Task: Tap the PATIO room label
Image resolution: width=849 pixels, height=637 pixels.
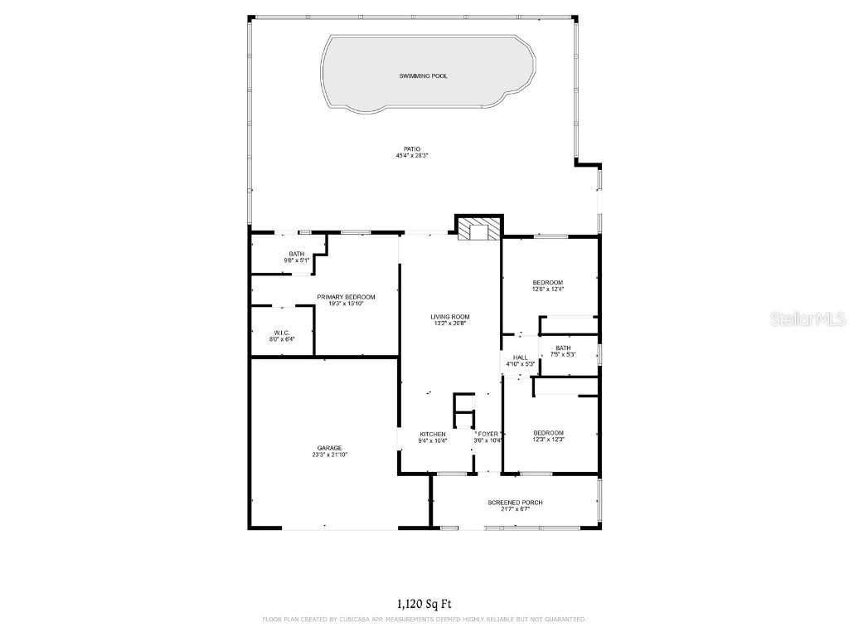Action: pos(400,149)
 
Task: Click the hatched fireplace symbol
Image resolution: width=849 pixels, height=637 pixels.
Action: pos(478,230)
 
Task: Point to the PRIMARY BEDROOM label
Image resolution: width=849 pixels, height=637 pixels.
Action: pos(346,297)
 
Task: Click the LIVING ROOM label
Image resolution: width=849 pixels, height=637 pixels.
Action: pos(450,317)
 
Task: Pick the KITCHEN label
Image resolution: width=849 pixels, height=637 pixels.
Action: pos(433,434)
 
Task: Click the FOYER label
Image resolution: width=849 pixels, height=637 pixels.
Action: pos(488,434)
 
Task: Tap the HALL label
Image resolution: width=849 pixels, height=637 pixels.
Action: pos(520,357)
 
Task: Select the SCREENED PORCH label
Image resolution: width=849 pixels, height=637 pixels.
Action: pos(515,502)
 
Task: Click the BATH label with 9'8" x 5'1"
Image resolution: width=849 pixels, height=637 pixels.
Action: pos(296,254)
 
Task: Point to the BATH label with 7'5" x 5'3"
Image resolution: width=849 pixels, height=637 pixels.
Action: pos(563,348)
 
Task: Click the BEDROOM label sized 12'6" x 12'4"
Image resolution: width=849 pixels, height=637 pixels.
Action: pos(547,283)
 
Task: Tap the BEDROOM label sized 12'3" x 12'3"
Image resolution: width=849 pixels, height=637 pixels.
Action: pos(548,432)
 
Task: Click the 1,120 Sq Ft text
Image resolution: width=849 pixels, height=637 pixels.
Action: pos(424,604)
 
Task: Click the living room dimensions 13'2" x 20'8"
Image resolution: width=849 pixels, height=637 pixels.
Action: pos(450,323)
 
